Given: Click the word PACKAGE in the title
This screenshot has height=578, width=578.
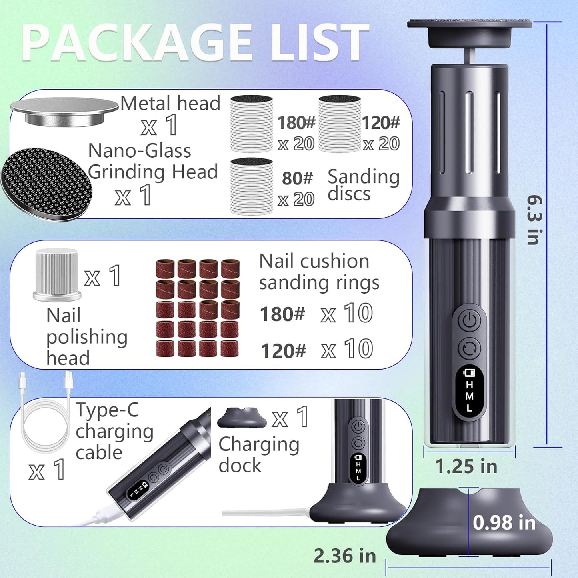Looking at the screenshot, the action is tap(137, 42).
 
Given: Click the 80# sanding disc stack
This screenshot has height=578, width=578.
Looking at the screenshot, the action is tap(252, 186).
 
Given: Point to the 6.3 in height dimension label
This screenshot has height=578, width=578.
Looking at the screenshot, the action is tap(535, 220).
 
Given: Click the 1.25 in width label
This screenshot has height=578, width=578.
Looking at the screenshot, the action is tap(466, 466).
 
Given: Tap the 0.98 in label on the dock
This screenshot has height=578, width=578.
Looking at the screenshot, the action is tap(504, 522).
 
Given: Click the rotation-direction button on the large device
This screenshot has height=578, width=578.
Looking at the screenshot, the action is tap(470, 348).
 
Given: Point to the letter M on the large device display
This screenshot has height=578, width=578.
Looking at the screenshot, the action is tap(470, 396).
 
